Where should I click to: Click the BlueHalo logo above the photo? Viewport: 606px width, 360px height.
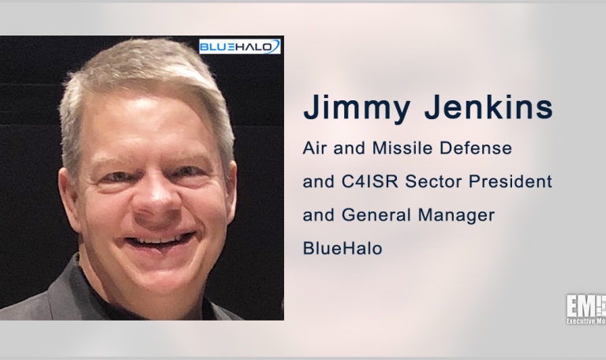click(x=240, y=47)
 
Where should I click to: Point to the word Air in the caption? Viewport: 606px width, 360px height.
click(x=316, y=148)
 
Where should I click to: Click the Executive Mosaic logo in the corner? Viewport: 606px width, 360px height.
click(x=585, y=308)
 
